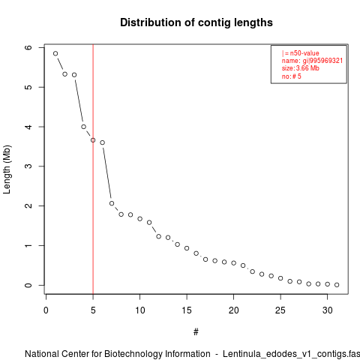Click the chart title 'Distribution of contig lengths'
coord(196,22)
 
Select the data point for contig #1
coord(55,53)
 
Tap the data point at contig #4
coord(83,127)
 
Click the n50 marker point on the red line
coord(93,140)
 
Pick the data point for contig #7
coord(112,203)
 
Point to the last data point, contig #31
coord(337,285)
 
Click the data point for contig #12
coord(158,236)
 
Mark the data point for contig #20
coord(234,262)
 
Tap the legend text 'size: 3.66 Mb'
coord(301,68)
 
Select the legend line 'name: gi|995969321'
coord(312,61)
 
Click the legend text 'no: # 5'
coord(292,76)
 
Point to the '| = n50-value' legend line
coord(301,53)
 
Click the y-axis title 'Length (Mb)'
coord(7,169)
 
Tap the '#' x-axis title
coord(196,332)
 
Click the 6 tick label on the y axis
coord(28,47)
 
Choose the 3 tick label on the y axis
coord(28,166)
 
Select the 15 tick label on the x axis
coord(187,310)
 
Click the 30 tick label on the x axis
coord(328,310)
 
